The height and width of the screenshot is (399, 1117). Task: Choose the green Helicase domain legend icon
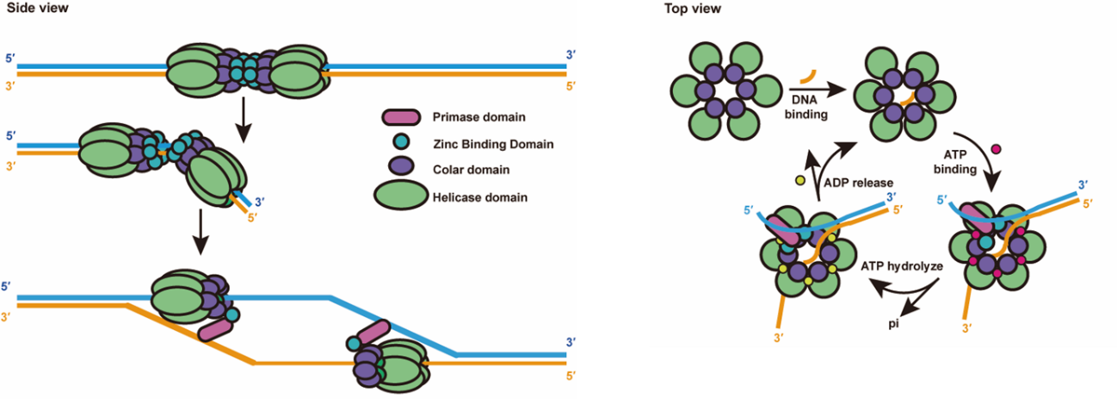point(399,197)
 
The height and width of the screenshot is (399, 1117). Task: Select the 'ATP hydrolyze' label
point(899,267)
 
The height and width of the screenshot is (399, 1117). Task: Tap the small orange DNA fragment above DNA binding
point(807,78)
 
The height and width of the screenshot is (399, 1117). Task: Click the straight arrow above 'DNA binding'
point(806,88)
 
